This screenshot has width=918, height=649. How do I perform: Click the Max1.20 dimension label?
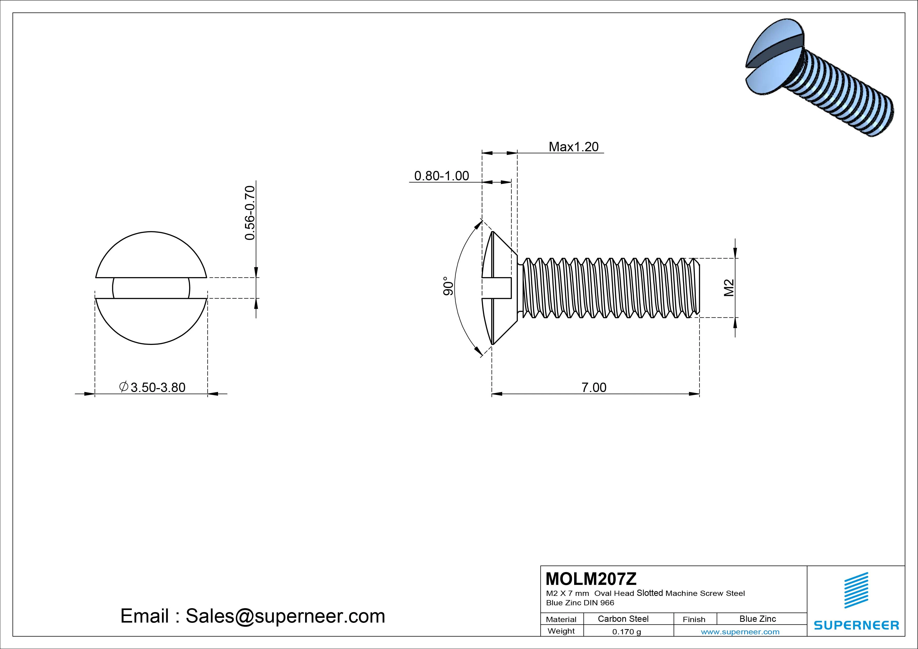click(x=573, y=147)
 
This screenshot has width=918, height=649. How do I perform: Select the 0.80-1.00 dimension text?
click(x=441, y=176)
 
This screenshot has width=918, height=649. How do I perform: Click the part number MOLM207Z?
click(x=591, y=579)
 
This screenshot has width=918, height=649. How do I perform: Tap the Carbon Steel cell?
click(x=623, y=619)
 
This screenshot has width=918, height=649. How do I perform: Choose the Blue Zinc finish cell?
click(x=758, y=619)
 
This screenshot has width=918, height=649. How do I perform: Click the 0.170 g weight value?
click(x=626, y=632)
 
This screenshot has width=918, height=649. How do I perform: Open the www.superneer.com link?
click(x=740, y=632)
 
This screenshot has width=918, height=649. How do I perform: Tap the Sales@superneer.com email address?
click(x=285, y=616)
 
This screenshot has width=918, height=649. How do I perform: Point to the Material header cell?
click(x=561, y=619)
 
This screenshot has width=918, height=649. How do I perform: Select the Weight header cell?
click(x=561, y=631)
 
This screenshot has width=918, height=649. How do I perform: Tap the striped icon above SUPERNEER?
click(x=856, y=590)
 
